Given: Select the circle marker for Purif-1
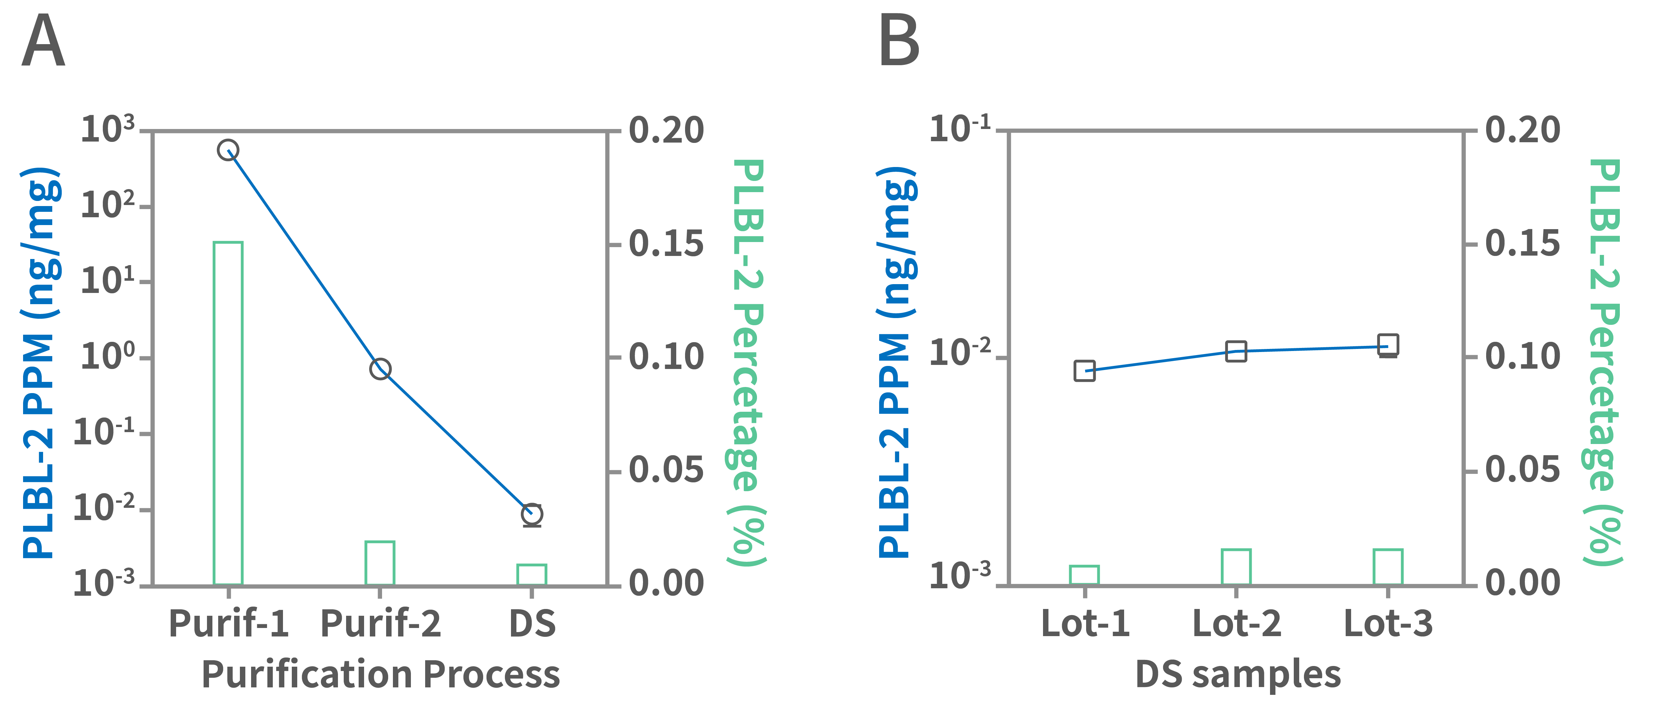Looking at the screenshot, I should coord(228,150).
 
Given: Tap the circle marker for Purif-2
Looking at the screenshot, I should coord(380,369).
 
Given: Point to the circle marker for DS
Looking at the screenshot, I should coord(532,514).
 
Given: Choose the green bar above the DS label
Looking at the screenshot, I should coord(532,574).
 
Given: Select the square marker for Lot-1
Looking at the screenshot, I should coord(1085,371).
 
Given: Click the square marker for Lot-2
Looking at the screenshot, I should coord(1236,352).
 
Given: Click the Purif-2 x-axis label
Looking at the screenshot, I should coord(380,624).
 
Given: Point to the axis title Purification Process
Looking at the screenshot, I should coord(380,674).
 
